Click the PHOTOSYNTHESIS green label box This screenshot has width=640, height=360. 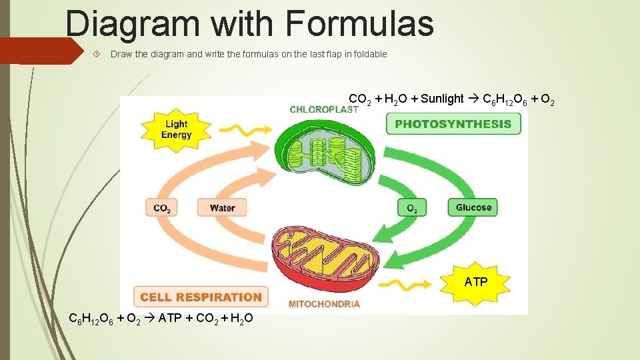coord(453,123)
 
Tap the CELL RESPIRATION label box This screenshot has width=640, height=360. coord(201,297)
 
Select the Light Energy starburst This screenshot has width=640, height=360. coord(176,129)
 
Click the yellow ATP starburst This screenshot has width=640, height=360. coord(476,282)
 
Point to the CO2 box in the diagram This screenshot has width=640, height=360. coord(162,208)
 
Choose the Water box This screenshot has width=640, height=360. coord(222,208)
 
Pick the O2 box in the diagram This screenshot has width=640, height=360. coord(412,208)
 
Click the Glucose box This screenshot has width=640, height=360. coord(473,208)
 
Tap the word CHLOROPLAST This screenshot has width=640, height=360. coord(324,109)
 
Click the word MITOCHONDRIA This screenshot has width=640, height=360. coord(324,304)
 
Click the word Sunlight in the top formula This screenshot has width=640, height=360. coord(442,99)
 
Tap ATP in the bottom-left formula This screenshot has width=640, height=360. coord(171,319)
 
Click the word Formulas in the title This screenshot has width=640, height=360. coord(359,23)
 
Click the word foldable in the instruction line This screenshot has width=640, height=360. coord(369,54)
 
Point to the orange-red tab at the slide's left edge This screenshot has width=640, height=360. coord(40,51)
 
